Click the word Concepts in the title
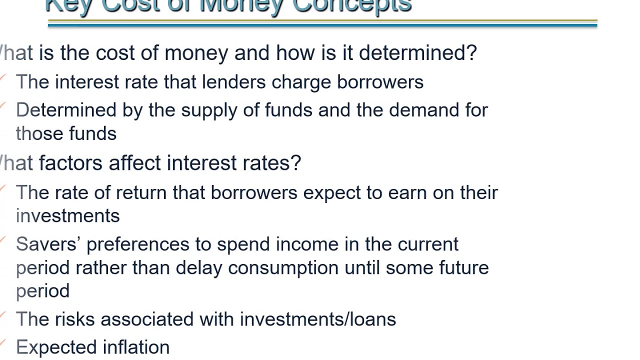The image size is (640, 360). tap(351, 5)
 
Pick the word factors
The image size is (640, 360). tap(71, 163)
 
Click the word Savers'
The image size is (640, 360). tap(48, 244)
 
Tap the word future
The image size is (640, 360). tap(463, 267)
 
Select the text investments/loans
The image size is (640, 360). tap(318, 319)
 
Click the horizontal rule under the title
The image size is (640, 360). tap(322, 23)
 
